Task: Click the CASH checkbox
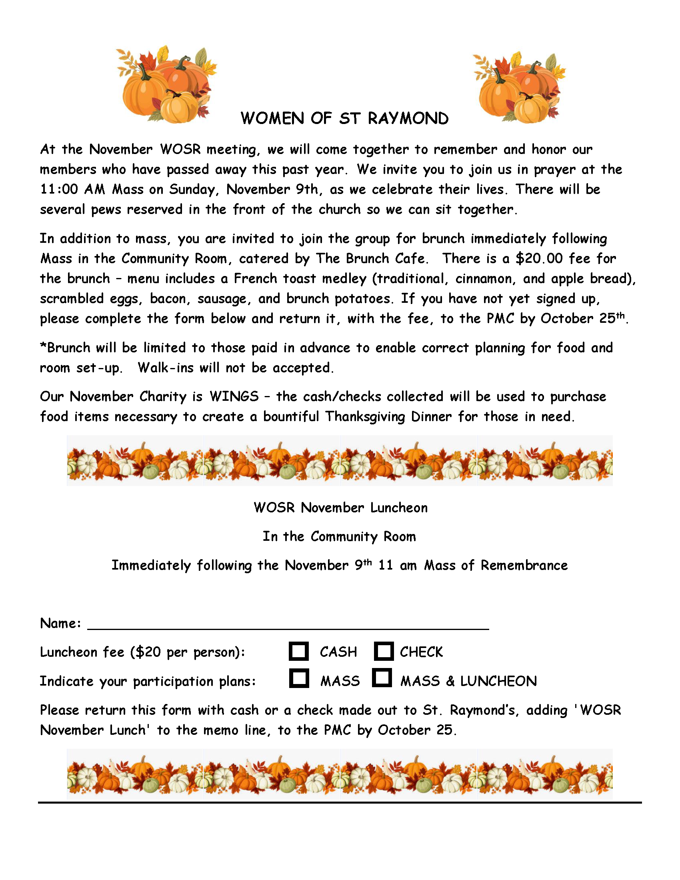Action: click(298, 651)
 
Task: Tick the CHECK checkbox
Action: click(384, 651)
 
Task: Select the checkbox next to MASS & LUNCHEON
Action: click(382, 678)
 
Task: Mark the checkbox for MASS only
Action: click(299, 678)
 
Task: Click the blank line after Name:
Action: click(288, 624)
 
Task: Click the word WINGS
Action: click(234, 396)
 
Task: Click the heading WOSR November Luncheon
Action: click(340, 508)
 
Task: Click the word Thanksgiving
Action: click(365, 416)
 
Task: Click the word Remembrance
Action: click(524, 565)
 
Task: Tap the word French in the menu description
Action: click(256, 278)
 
